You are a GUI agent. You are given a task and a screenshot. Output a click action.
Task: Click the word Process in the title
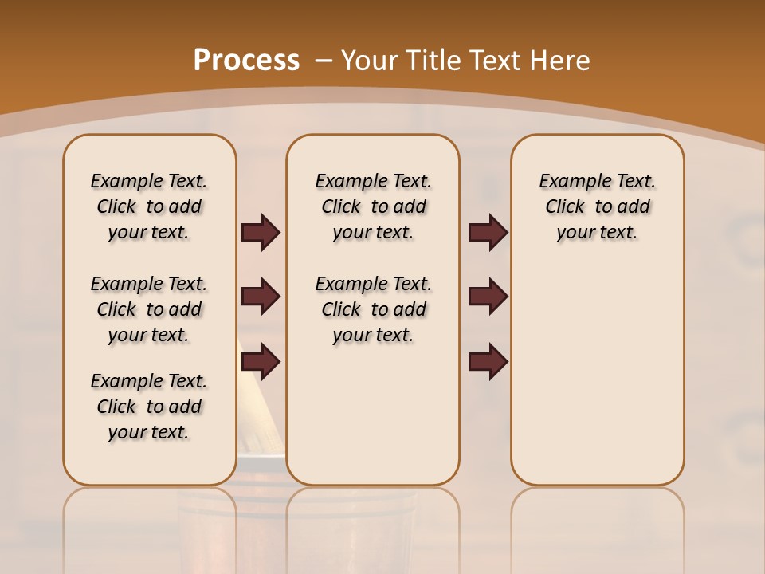click(246, 60)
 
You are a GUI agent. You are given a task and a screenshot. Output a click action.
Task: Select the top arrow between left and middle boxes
click(261, 232)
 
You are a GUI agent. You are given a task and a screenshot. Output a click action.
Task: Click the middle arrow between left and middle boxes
click(261, 297)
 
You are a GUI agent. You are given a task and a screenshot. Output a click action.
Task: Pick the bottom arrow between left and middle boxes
click(261, 362)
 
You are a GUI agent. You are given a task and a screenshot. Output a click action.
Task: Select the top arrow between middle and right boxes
click(488, 232)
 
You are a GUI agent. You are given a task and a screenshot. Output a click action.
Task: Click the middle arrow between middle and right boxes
click(488, 297)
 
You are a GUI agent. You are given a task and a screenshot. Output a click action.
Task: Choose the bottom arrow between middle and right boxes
click(488, 362)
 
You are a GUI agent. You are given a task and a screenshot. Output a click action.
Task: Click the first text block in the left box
click(149, 206)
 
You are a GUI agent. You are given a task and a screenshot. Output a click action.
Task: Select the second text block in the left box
click(149, 309)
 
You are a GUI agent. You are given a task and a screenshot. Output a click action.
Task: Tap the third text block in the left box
click(149, 407)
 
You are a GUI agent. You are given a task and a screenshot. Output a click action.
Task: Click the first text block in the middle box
click(373, 206)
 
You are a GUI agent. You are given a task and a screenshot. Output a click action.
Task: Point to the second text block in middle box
click(373, 309)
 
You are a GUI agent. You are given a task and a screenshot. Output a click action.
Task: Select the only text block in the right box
click(597, 206)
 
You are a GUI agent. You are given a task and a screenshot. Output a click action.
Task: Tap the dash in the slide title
click(324, 60)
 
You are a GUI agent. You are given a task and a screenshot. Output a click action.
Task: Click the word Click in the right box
click(565, 206)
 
